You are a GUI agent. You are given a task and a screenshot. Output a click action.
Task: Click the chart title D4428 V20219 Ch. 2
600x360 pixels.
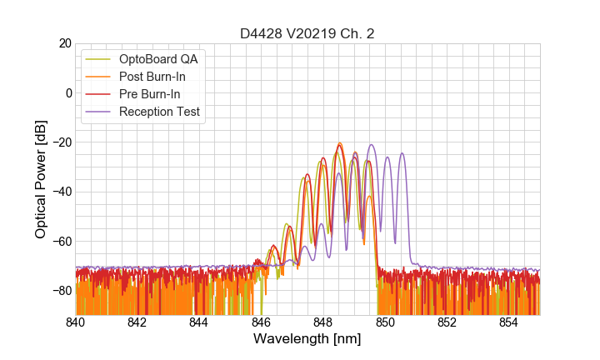tap(307, 33)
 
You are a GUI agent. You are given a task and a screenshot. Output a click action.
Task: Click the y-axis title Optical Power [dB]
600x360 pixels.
tap(41, 179)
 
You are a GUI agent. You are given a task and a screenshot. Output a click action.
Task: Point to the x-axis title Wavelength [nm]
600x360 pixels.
tap(307, 340)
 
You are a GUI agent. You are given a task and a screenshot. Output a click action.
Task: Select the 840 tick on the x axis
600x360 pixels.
tap(76, 322)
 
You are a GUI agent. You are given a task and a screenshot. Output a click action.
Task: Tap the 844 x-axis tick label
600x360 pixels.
tap(199, 322)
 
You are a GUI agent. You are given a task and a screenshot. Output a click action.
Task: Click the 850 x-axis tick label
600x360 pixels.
tap(385, 322)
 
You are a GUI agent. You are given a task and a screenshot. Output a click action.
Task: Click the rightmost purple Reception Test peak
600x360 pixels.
tap(402, 153)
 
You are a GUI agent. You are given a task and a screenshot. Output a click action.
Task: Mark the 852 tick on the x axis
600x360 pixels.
tap(447, 322)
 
